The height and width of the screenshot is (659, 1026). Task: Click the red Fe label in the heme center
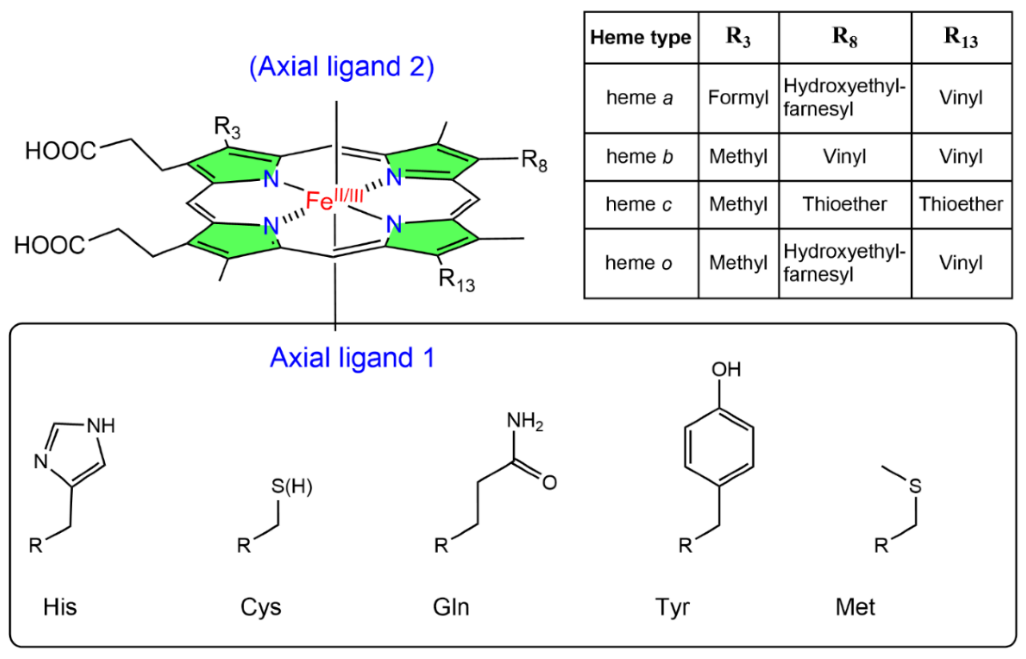(319, 200)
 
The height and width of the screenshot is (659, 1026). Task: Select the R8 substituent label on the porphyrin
(534, 161)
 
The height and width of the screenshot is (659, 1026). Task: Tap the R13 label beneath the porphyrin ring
(456, 280)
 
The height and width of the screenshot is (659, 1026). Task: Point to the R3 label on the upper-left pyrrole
(227, 127)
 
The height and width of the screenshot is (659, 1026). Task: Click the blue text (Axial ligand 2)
(341, 67)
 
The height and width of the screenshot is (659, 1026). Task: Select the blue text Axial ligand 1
(352, 358)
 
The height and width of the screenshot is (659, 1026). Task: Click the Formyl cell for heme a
(738, 98)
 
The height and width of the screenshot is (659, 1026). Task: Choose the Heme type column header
(640, 38)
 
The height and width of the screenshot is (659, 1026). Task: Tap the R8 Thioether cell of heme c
(844, 204)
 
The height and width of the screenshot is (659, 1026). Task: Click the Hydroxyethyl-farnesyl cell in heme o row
(844, 263)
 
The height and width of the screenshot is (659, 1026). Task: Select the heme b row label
(640, 157)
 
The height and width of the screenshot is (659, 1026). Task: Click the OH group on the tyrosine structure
(725, 369)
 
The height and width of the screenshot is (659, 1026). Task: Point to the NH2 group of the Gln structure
(524, 421)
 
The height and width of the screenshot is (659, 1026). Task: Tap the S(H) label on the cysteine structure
(292, 487)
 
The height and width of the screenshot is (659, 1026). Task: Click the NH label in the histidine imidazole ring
(101, 426)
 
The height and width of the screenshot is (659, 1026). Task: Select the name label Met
(855, 607)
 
